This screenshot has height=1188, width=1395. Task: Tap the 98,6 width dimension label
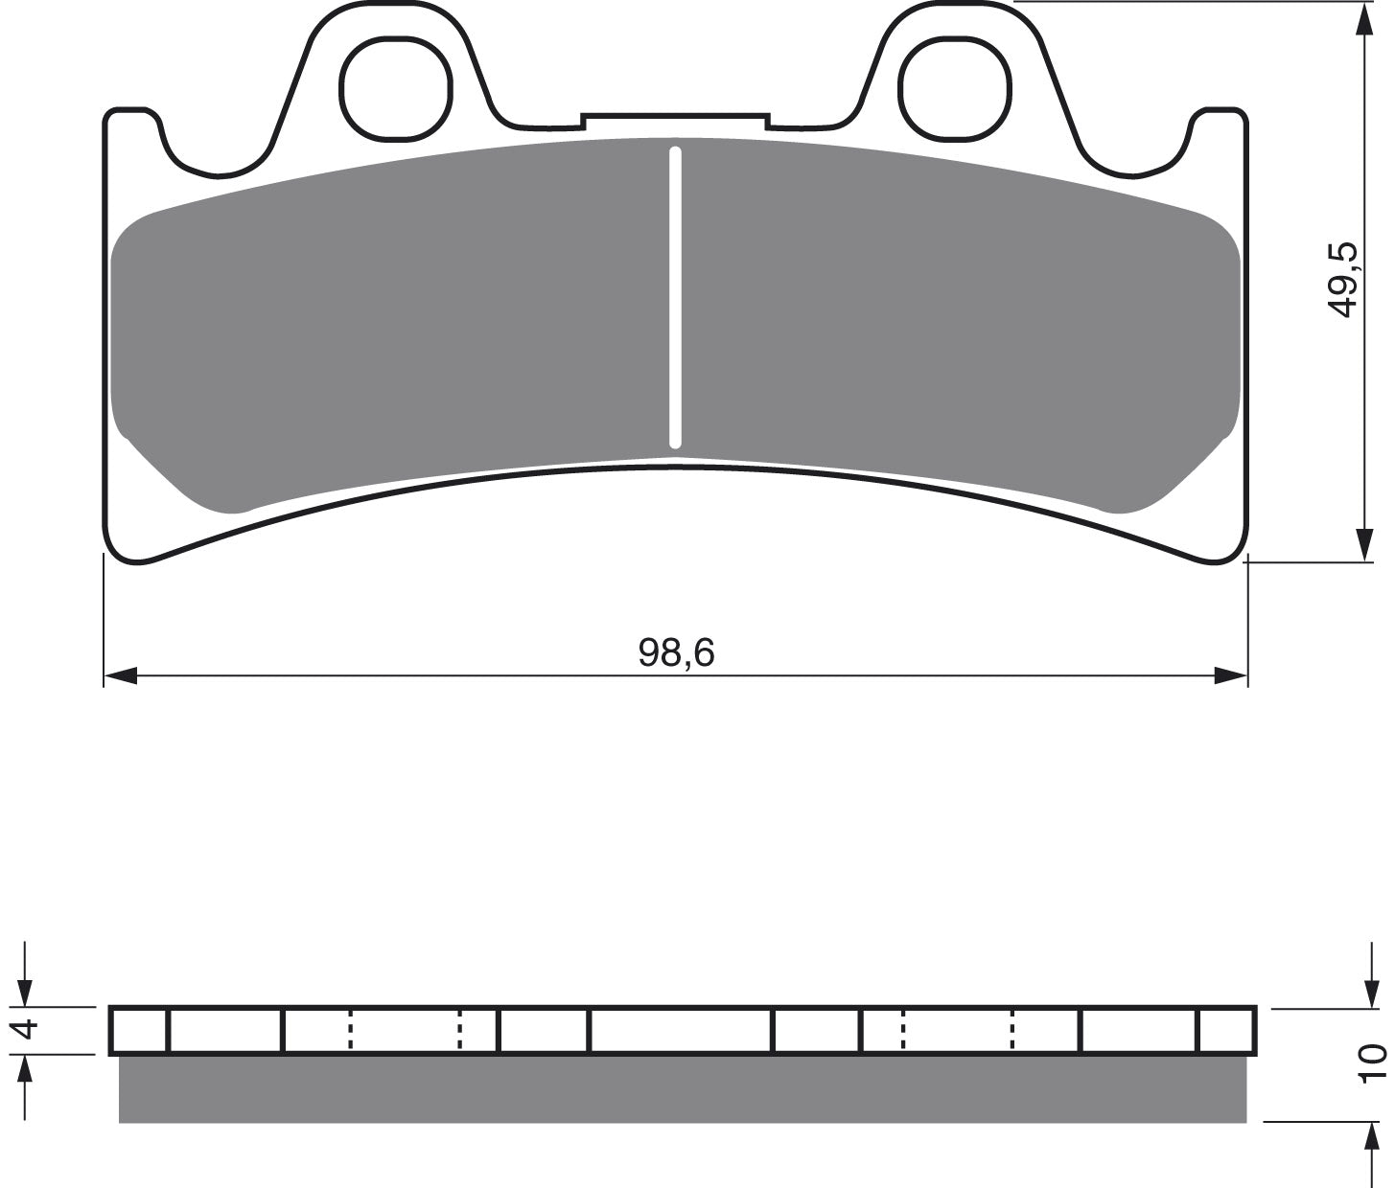676,652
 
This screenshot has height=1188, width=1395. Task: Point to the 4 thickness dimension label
27,1030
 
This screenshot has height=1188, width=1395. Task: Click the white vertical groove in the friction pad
675,297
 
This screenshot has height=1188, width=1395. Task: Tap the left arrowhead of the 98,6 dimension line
121,674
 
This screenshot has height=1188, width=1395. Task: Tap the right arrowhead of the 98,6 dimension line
1230,674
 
